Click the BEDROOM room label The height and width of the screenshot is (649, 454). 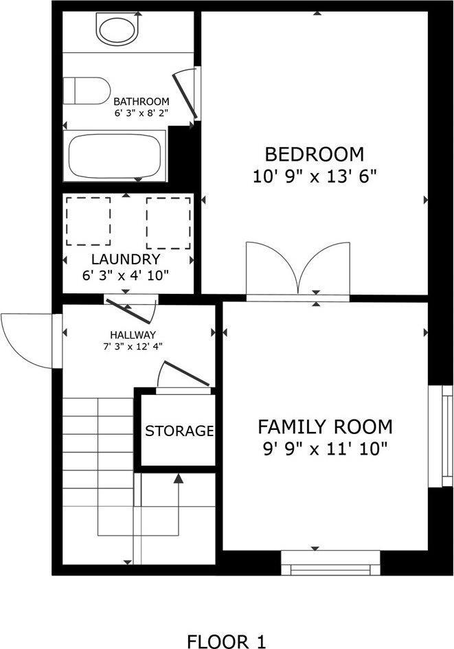pyautogui.click(x=315, y=153)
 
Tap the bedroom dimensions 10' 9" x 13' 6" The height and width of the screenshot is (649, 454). pyautogui.click(x=315, y=175)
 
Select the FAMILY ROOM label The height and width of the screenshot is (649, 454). pyautogui.click(x=325, y=426)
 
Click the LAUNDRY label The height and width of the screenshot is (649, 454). pyautogui.click(x=126, y=259)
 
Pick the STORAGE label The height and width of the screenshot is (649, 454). pyautogui.click(x=179, y=431)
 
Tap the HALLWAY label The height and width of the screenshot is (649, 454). pyautogui.click(x=136, y=334)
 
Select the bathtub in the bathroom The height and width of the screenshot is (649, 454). pyautogui.click(x=115, y=157)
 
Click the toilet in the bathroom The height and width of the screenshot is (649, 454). pyautogui.click(x=87, y=91)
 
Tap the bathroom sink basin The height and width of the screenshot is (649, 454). pyautogui.click(x=118, y=30)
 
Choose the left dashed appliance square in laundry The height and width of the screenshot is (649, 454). pyautogui.click(x=88, y=221)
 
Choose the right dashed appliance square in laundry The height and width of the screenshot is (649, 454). pyautogui.click(x=168, y=223)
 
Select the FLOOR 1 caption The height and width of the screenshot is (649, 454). pyautogui.click(x=226, y=641)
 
